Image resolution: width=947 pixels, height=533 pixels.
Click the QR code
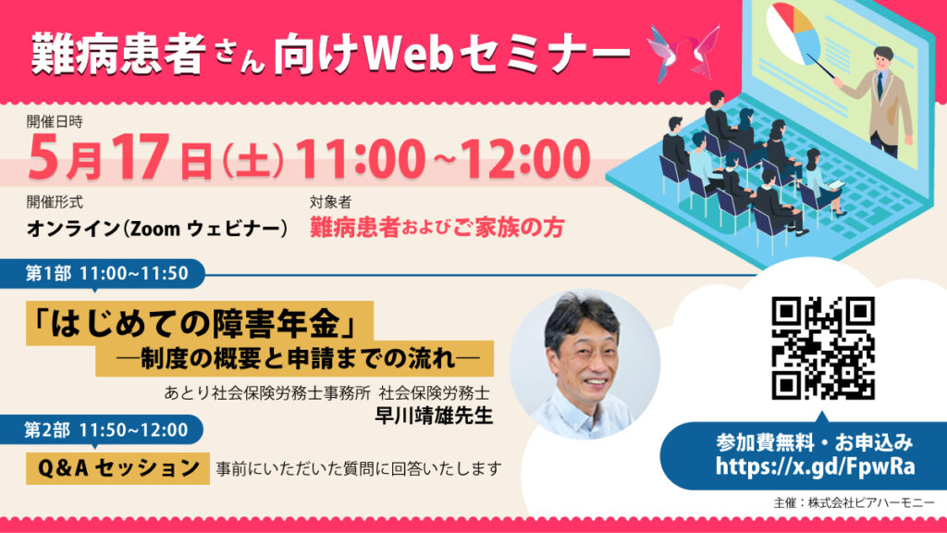point(822,348)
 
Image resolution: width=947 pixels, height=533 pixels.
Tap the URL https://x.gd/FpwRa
point(815,466)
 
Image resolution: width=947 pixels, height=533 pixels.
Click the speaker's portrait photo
point(584,365)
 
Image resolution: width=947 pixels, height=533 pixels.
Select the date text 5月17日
point(120,157)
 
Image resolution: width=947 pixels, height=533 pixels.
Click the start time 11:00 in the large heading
point(360,158)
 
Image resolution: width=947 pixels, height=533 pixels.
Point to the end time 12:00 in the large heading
point(525,158)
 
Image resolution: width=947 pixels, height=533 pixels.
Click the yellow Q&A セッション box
point(117,468)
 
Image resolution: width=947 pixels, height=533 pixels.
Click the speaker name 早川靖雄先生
point(434,415)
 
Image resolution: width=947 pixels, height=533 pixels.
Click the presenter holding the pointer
point(882,102)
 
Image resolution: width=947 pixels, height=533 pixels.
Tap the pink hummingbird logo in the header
point(683,53)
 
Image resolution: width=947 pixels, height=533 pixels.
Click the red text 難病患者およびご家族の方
point(437,228)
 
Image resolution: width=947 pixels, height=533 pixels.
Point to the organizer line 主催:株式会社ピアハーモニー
point(854,502)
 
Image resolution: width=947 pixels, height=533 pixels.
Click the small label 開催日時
point(55,121)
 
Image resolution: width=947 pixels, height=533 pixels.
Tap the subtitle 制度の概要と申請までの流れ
point(298,359)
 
